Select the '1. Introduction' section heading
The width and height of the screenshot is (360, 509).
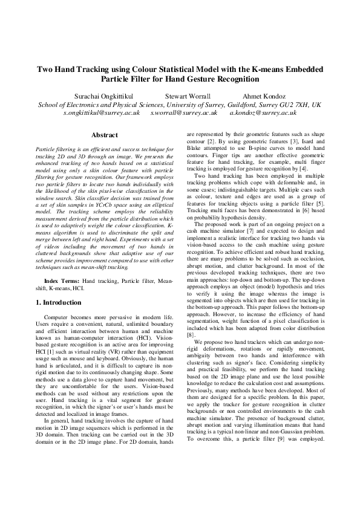click(62, 302)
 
